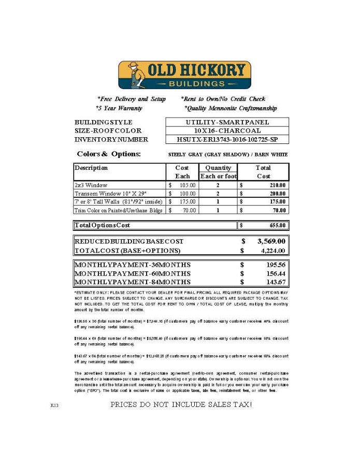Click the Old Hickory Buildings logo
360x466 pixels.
[x=184, y=75]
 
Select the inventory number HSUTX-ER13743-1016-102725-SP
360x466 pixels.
[x=227, y=139]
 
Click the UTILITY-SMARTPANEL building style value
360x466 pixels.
[x=227, y=122]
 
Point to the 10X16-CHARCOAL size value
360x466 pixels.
[x=227, y=131]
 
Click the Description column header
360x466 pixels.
[x=92, y=168]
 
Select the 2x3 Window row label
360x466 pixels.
[x=91, y=185]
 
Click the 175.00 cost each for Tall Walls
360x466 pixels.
[x=188, y=201]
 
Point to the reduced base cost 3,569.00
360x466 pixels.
[x=271, y=241]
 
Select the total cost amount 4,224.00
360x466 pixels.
[x=273, y=251]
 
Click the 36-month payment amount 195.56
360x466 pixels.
[x=275, y=265]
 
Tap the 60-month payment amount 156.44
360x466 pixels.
[x=275, y=273]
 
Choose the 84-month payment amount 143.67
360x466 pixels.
[x=275, y=282]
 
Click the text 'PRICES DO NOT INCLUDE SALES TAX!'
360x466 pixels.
[x=181, y=404]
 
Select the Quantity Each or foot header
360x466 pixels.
[x=218, y=172]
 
